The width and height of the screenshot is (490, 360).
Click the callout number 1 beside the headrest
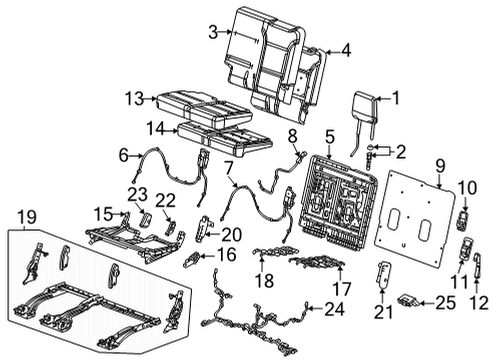click(394, 97)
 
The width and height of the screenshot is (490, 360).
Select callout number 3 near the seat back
click(212, 33)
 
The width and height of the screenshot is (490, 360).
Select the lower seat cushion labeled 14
click(222, 135)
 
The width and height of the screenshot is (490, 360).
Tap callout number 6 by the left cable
click(123, 154)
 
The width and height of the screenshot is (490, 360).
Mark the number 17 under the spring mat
click(340, 287)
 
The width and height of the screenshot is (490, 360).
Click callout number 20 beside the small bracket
click(232, 234)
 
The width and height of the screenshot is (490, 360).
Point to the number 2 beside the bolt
click(399, 153)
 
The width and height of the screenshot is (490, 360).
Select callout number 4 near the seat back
click(345, 49)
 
